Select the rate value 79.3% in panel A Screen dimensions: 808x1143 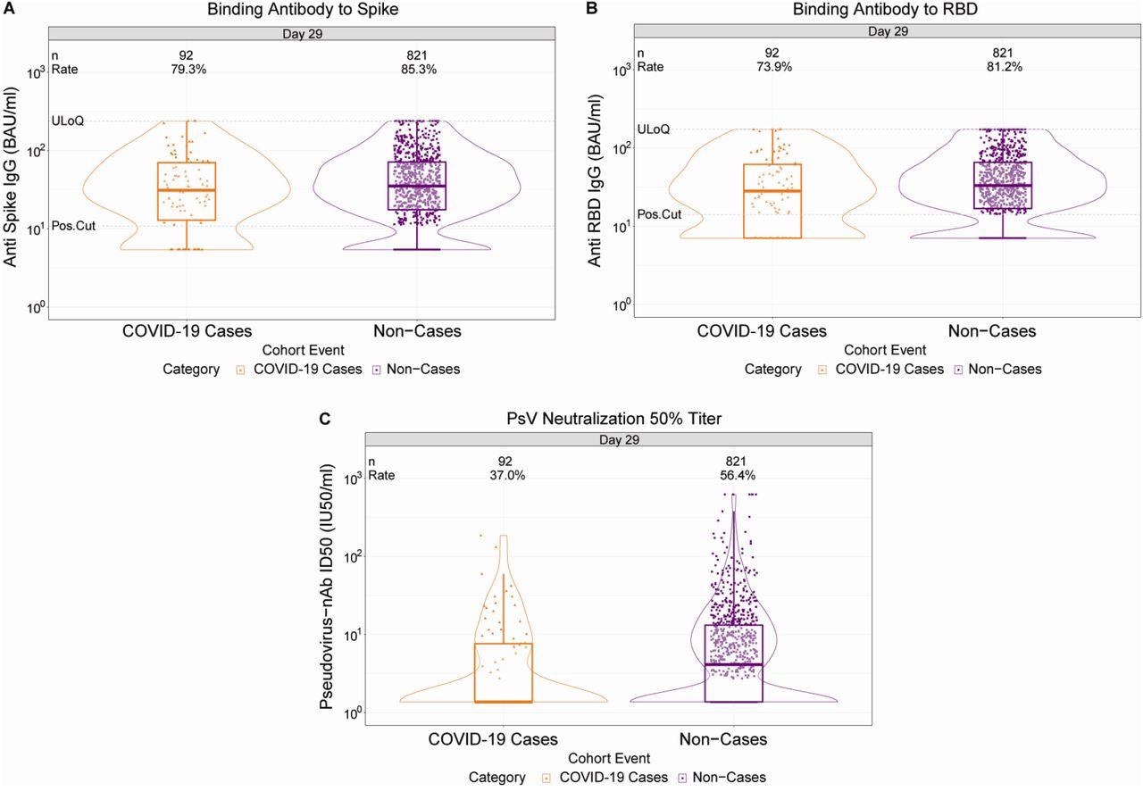coord(188,70)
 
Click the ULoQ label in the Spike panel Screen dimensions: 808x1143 coord(68,121)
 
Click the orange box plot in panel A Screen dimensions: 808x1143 coord(188,191)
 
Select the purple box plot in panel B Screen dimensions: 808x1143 coord(1003,186)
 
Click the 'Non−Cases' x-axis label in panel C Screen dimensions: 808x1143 coord(722,739)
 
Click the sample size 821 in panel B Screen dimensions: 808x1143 coord(1003,54)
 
